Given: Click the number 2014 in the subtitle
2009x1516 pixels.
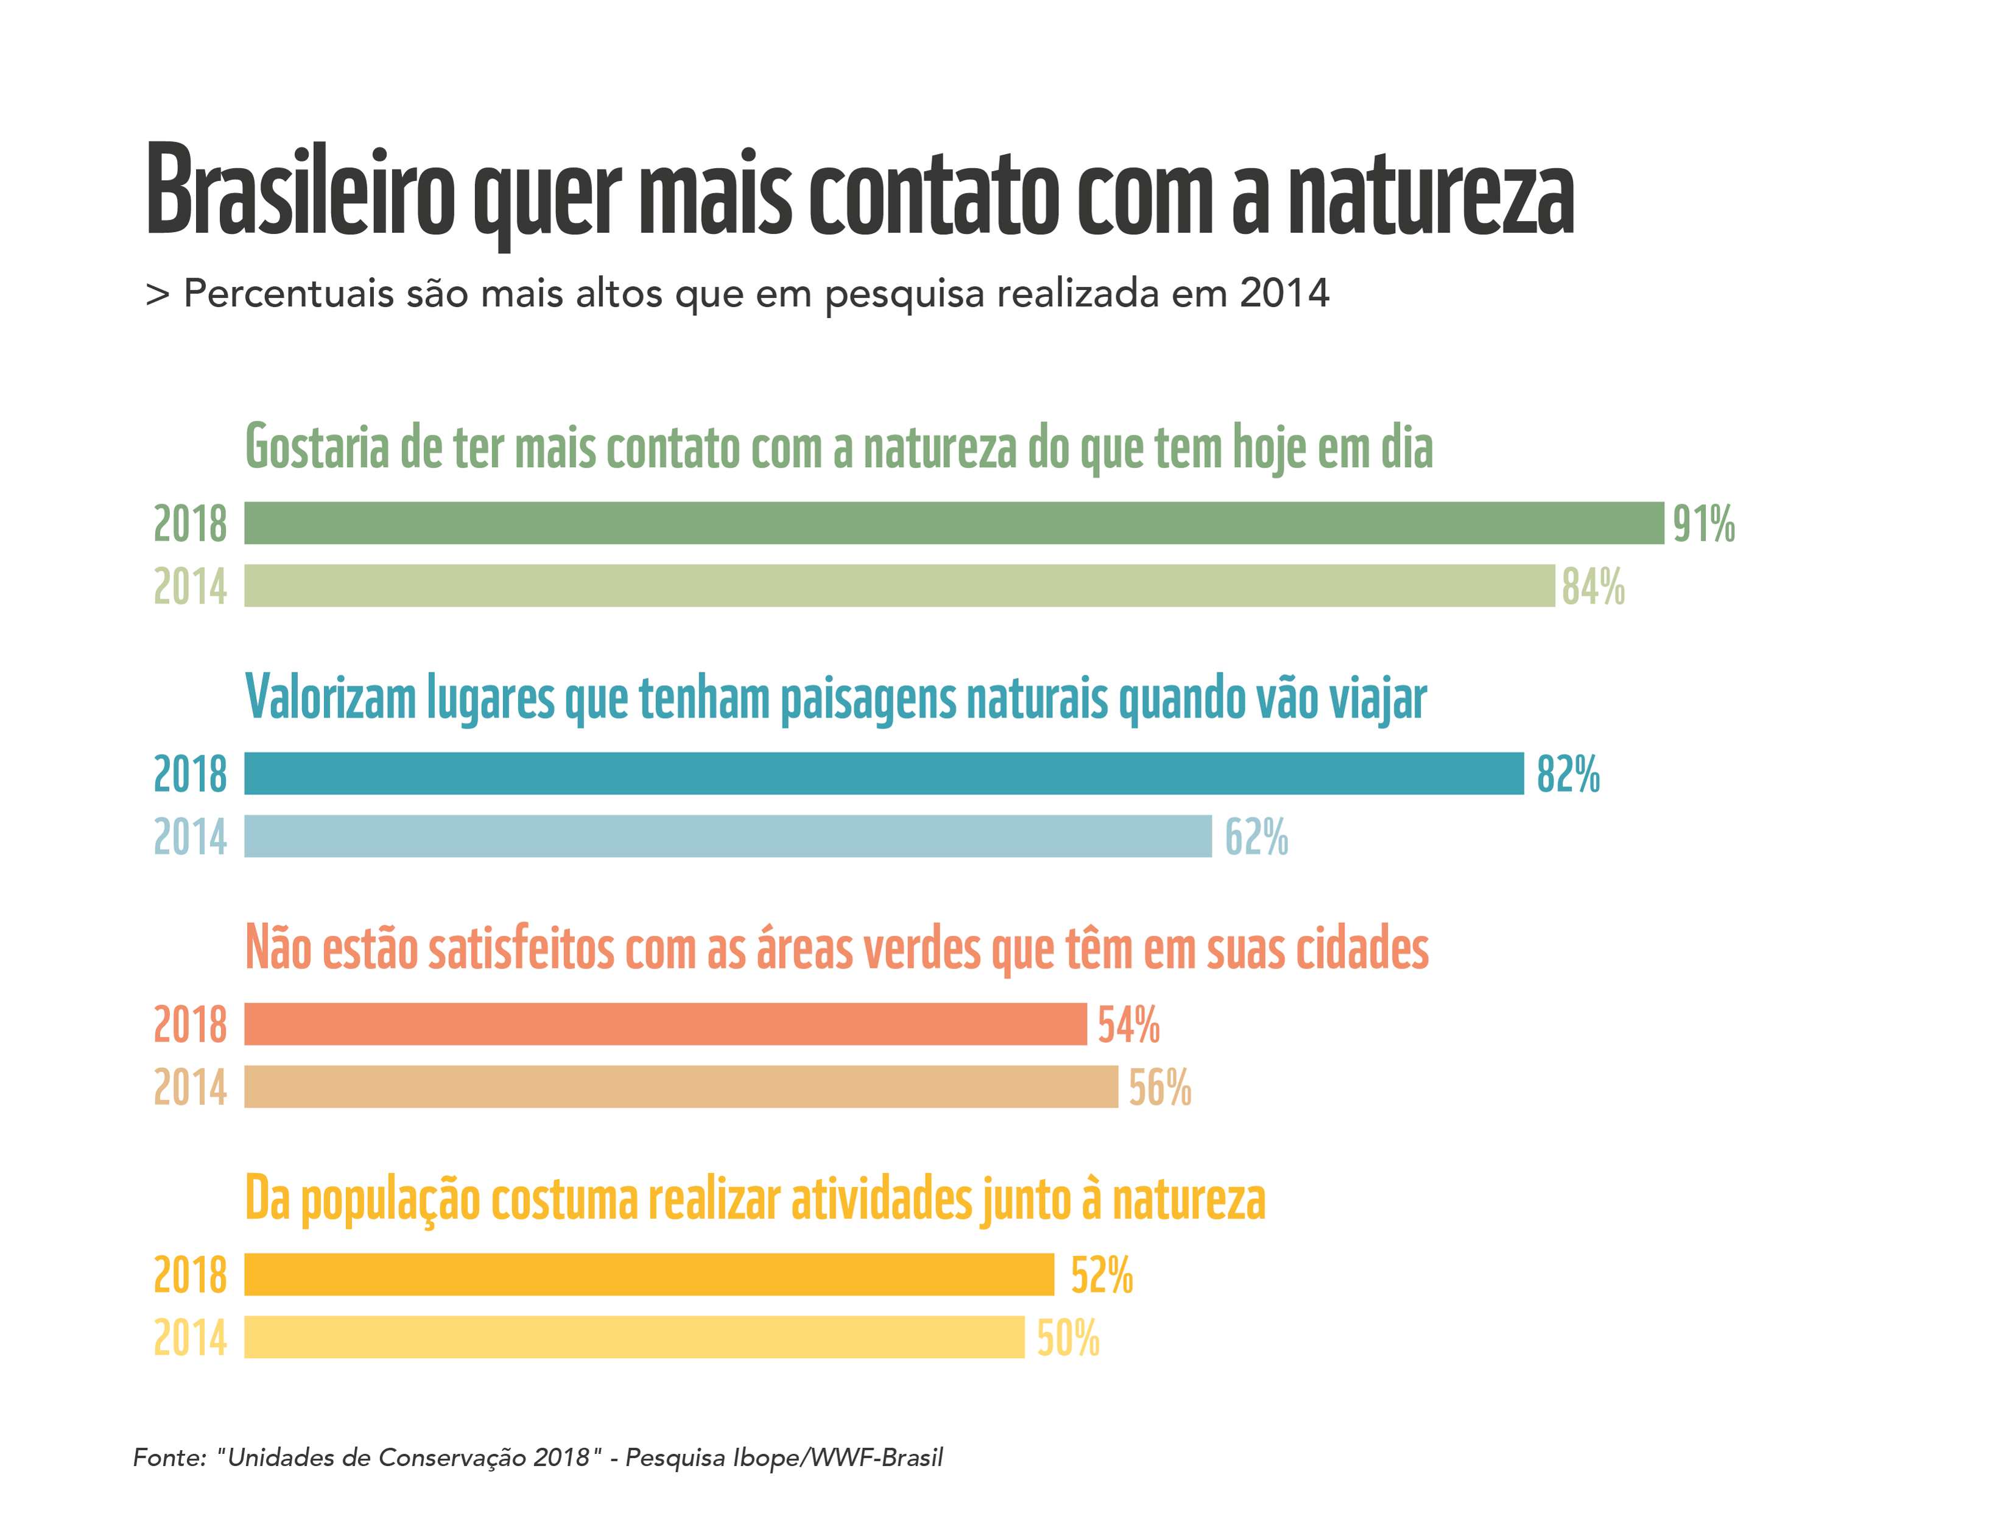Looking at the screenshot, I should click(1284, 294).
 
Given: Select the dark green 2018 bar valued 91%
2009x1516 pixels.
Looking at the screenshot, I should click(954, 523).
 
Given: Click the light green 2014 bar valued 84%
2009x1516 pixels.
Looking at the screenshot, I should click(899, 586).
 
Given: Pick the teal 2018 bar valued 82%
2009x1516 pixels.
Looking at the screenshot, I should click(884, 774).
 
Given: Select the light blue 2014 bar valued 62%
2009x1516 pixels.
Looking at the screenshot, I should click(728, 836).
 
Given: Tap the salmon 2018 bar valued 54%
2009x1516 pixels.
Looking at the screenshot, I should click(666, 1024).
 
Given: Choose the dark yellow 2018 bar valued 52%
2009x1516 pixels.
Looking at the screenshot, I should click(649, 1275).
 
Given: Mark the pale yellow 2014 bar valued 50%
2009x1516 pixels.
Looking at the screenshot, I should click(634, 1338).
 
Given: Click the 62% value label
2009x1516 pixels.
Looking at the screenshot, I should click(1256, 837).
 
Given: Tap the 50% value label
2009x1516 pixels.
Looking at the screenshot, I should click(1068, 1339).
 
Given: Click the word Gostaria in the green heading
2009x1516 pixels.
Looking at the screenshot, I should click(317, 448).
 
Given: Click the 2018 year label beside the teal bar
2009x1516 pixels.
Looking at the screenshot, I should click(190, 775).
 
